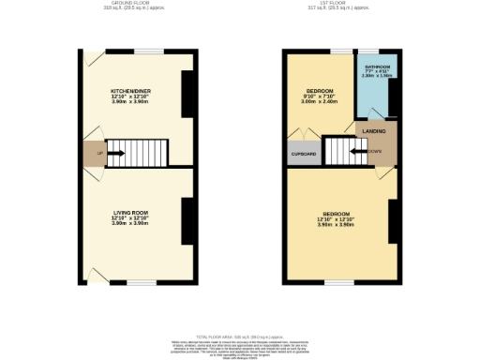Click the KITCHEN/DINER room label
pyautogui.click(x=131, y=91)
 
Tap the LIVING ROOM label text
pyautogui.click(x=131, y=214)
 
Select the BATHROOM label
pyautogui.click(x=378, y=67)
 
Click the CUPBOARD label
pyautogui.click(x=303, y=154)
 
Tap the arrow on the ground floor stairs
pyautogui.click(x=116, y=153)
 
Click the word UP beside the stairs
pyautogui.click(x=98, y=152)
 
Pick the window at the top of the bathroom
pyautogui.click(x=371, y=50)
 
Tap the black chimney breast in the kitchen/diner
pyautogui.click(x=187, y=94)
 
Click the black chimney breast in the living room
pyautogui.click(x=187, y=219)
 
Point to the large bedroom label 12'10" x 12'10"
pyautogui.click(x=335, y=221)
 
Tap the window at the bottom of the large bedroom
pyautogui.click(x=338, y=282)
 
